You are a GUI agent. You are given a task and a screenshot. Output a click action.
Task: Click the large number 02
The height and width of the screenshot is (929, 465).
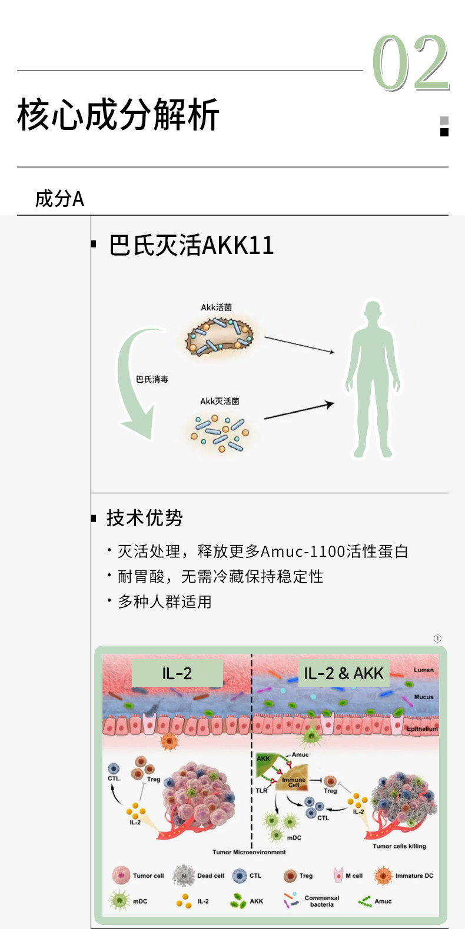(410, 64)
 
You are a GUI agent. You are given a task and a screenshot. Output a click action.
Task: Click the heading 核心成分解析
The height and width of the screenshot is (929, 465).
(118, 115)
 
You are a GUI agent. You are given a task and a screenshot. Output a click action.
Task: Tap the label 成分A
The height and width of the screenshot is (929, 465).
(59, 199)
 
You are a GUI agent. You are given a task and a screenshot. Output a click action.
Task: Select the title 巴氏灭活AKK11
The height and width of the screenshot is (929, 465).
(191, 245)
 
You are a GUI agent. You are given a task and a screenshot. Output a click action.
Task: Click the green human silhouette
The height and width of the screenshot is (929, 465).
(373, 379)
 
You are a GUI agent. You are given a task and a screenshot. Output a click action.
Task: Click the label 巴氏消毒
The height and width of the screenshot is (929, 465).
(152, 379)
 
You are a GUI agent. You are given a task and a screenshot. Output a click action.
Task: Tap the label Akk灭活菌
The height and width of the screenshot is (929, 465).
(220, 401)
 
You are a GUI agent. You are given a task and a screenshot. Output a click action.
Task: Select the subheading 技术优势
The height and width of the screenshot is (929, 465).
(144, 518)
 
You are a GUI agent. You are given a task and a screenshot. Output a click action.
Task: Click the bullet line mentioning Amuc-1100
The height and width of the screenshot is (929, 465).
(263, 552)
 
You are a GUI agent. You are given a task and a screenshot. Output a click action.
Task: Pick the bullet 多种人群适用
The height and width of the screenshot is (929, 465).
(164, 601)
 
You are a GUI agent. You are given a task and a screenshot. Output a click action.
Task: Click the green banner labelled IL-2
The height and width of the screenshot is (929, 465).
(177, 673)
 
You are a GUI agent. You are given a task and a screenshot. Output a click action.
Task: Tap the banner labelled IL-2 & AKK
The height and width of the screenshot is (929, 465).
(343, 673)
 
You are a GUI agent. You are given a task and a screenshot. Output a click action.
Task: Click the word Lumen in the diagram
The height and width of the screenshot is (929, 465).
(423, 670)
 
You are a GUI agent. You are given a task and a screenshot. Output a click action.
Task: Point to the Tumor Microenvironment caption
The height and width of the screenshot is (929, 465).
(249, 852)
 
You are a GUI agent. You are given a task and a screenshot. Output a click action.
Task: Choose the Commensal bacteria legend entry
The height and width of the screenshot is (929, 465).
(311, 901)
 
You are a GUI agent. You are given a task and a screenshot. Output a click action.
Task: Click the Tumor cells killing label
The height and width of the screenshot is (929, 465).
(399, 846)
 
